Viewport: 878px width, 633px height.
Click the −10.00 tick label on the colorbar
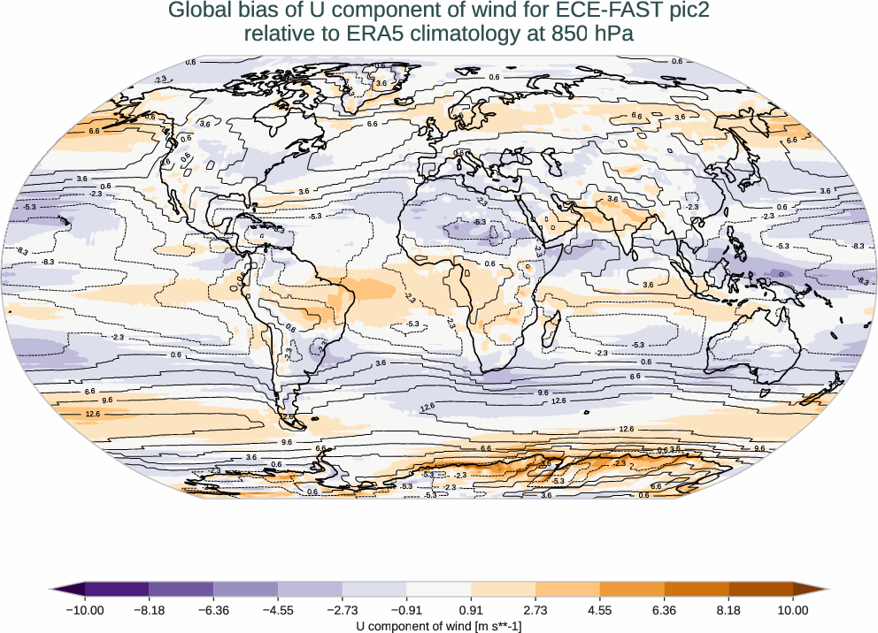click(x=85, y=609)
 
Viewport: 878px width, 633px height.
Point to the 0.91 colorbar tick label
click(x=471, y=609)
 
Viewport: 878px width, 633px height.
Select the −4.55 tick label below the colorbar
click(x=278, y=609)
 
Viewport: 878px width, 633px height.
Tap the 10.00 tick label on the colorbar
click(x=793, y=609)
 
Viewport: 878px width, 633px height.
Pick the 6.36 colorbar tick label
click(x=664, y=609)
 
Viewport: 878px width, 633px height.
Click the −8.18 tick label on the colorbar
click(x=150, y=609)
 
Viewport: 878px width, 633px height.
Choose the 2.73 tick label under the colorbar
click(x=535, y=609)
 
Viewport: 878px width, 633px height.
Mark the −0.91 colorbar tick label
click(x=406, y=609)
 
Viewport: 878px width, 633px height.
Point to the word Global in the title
click(x=197, y=11)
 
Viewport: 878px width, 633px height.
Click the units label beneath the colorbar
click(x=439, y=626)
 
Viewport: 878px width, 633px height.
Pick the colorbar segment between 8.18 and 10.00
click(x=760, y=589)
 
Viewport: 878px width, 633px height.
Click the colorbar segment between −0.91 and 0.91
click(x=439, y=589)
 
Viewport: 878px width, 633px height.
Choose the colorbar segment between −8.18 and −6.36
click(x=181, y=589)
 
